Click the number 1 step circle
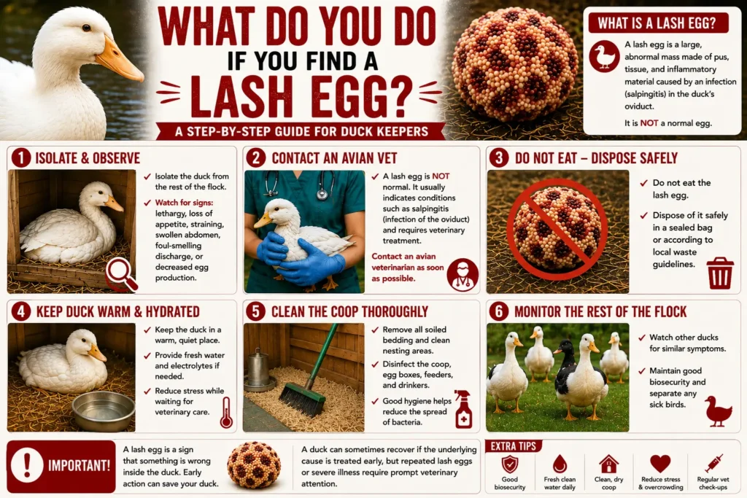[x=21, y=158]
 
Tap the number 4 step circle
[x=21, y=311]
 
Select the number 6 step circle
[x=499, y=311]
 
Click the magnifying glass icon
[x=121, y=275]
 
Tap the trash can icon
[x=719, y=273]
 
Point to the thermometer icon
[x=226, y=412]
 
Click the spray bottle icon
[x=462, y=409]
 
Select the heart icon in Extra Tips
[x=659, y=463]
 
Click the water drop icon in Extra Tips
[x=560, y=464]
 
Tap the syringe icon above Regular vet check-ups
[x=713, y=463]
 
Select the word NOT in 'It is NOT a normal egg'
[x=649, y=122]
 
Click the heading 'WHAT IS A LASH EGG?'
[x=657, y=23]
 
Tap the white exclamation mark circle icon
[x=27, y=464]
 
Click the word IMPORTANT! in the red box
[x=79, y=465]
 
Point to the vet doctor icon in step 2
[x=462, y=274]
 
